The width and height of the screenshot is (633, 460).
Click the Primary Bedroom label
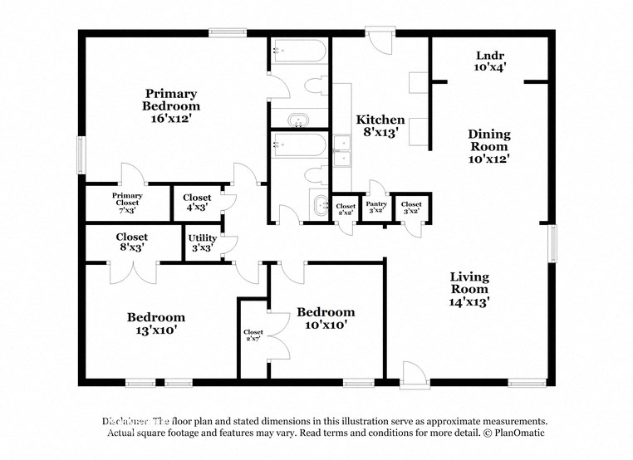click(x=171, y=106)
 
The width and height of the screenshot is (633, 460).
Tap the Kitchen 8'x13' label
click(x=380, y=125)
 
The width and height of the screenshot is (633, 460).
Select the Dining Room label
click(x=489, y=145)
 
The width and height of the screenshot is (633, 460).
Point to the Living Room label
click(x=469, y=289)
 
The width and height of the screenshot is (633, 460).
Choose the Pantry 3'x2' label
click(x=376, y=207)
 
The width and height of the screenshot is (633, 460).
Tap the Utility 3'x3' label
click(x=202, y=242)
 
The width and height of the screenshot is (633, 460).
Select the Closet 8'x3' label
click(x=132, y=242)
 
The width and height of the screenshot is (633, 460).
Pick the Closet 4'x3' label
click(x=197, y=203)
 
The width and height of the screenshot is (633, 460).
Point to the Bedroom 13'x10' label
click(x=155, y=323)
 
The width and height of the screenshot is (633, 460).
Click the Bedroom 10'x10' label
click(x=326, y=318)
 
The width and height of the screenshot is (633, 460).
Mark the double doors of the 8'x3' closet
click(x=132, y=272)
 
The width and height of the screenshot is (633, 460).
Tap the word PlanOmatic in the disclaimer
click(x=516, y=433)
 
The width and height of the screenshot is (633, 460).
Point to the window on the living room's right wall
click(x=552, y=246)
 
